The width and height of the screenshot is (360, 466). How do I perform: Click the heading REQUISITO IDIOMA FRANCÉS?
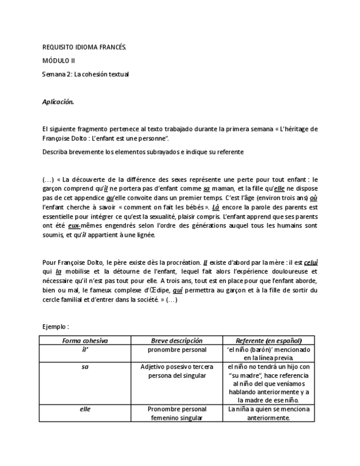(x=84, y=48)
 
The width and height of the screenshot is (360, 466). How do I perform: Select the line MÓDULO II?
(x=59, y=61)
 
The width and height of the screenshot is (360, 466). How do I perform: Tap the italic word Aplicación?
(x=58, y=102)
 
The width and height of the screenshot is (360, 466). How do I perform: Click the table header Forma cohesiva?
(x=85, y=341)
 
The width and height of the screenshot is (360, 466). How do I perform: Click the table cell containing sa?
(x=85, y=367)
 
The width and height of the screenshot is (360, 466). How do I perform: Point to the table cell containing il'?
(x=85, y=349)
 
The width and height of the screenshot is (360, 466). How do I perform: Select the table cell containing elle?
(x=85, y=409)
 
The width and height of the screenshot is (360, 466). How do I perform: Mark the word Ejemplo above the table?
(x=55, y=326)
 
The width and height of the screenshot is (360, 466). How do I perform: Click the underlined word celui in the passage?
(x=311, y=263)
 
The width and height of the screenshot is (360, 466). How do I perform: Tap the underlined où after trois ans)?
(x=314, y=198)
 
